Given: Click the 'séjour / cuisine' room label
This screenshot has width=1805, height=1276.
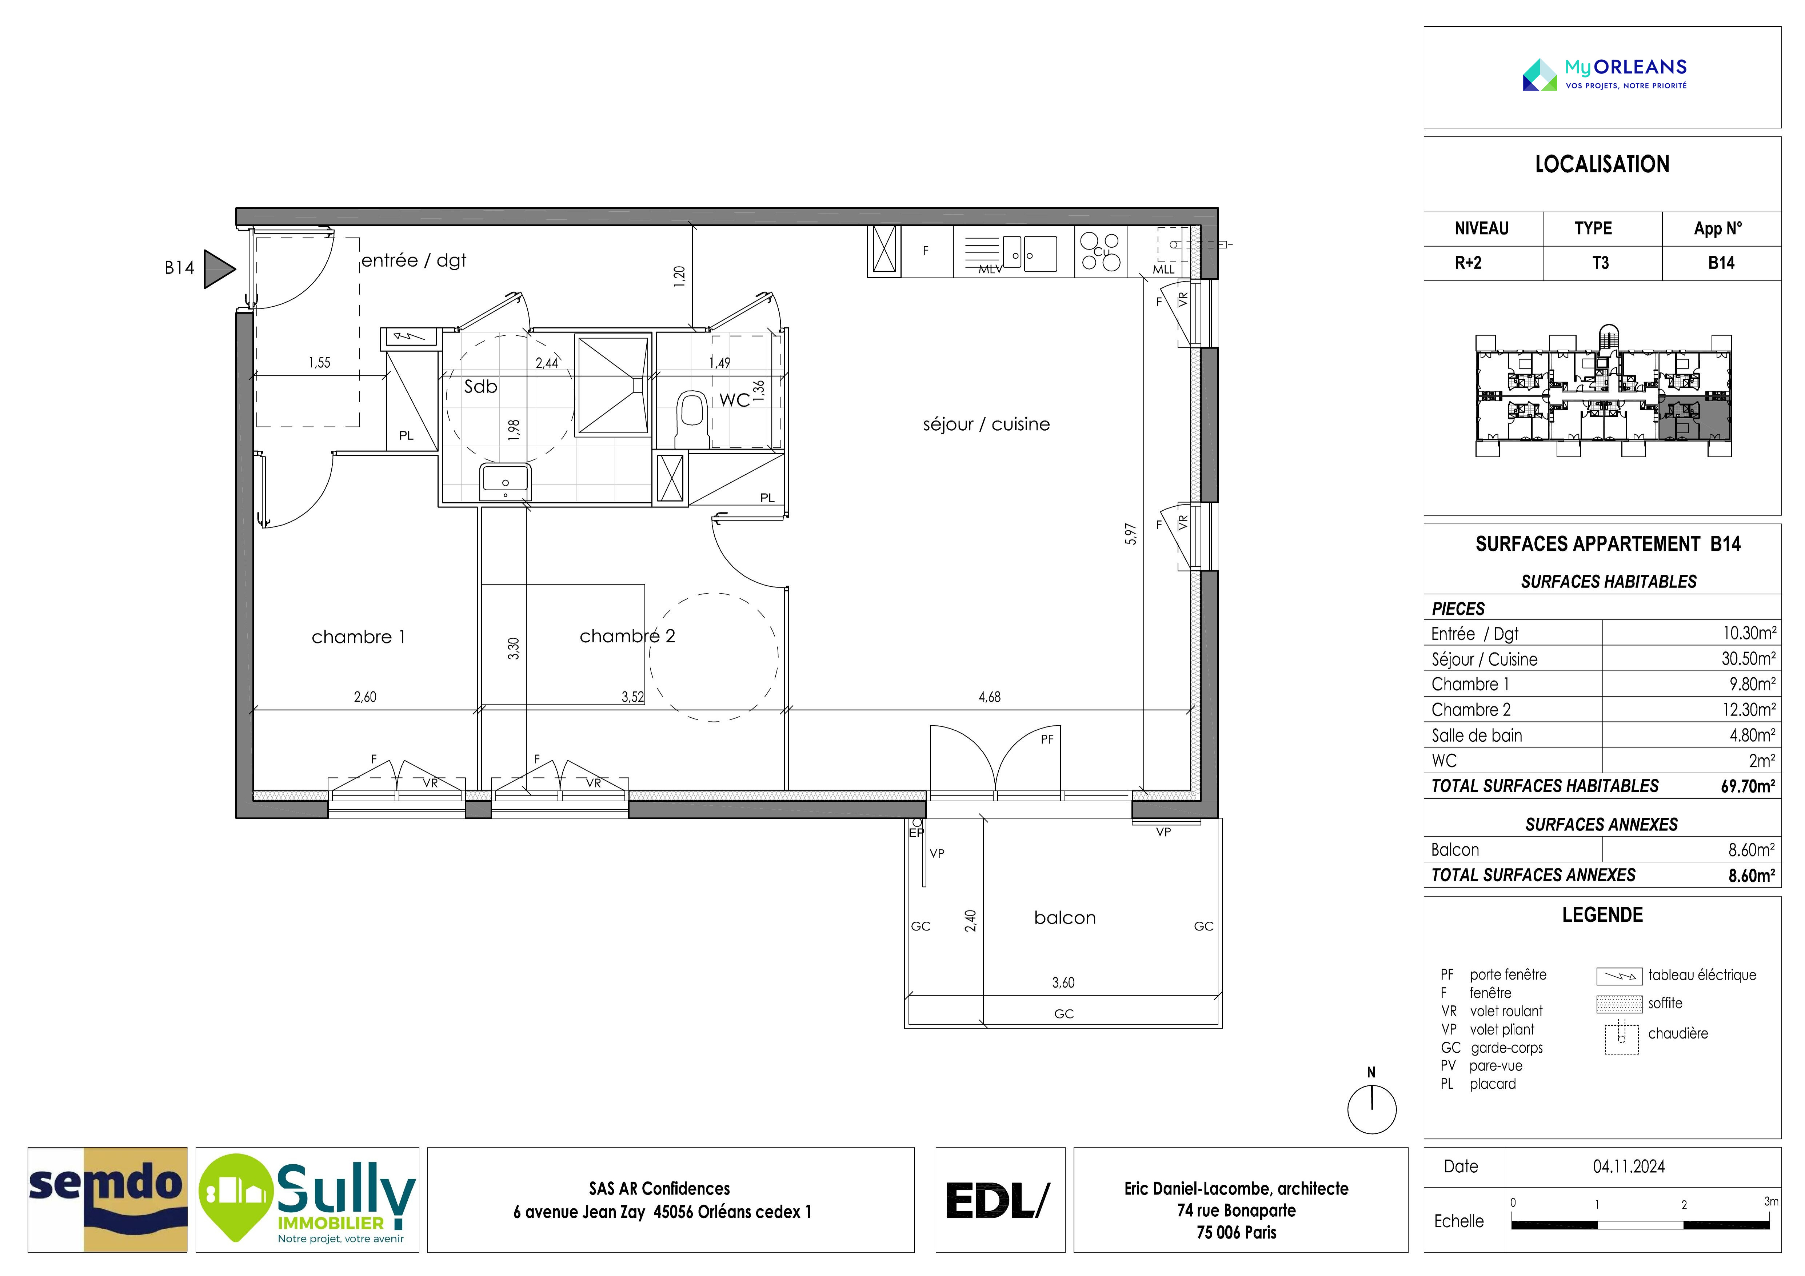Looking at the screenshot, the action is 986,424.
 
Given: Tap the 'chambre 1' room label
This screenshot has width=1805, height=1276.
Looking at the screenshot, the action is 359,637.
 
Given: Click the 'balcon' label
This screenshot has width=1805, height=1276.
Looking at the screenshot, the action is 1065,917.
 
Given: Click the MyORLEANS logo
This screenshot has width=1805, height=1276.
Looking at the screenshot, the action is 1605,75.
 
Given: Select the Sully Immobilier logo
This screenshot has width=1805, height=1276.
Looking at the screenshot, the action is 307,1200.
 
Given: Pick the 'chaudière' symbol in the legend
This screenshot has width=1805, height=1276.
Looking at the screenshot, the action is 1621,1037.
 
